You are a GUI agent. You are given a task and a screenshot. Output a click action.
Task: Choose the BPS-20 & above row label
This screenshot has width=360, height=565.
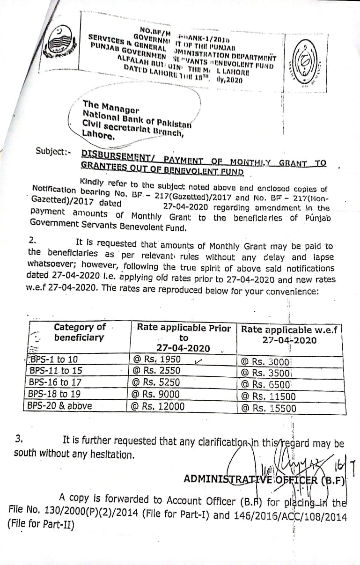[59, 405]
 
